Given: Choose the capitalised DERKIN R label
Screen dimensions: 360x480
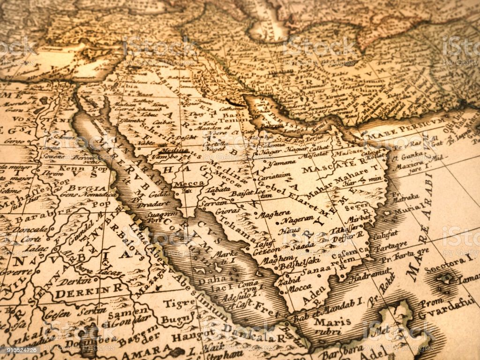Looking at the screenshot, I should pyautogui.click(x=82, y=294).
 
